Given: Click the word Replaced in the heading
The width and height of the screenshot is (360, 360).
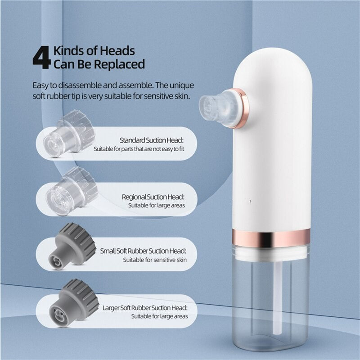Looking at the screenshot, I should (120, 64).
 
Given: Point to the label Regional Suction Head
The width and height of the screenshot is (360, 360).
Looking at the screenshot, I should (153, 197).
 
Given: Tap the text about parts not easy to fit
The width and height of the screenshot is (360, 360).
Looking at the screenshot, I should (139, 148).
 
